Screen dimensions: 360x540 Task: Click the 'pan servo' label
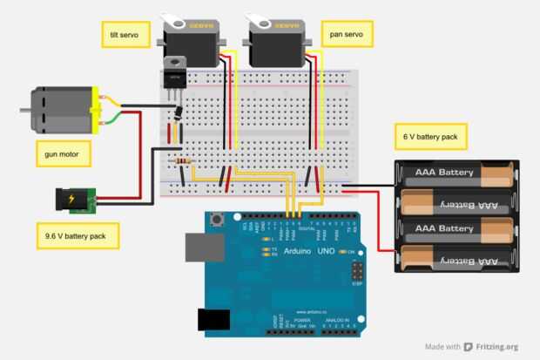click(x=346, y=35)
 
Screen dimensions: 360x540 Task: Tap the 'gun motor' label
click(x=62, y=155)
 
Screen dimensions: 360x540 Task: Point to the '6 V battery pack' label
click(x=431, y=137)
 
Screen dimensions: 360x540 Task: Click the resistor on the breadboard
click(x=183, y=162)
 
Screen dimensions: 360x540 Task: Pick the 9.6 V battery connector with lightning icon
click(x=71, y=201)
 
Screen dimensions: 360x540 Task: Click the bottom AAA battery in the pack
click(x=452, y=259)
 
